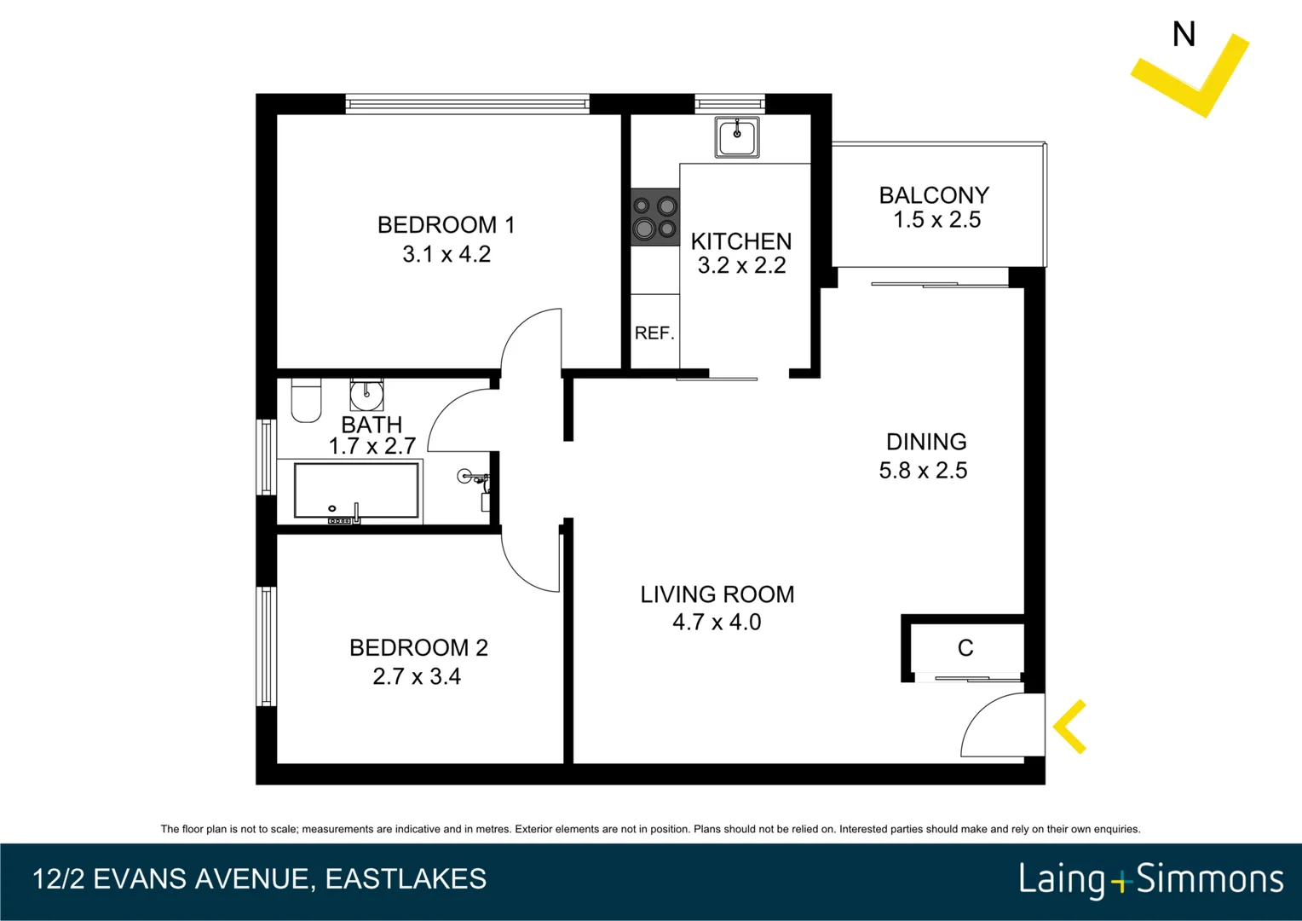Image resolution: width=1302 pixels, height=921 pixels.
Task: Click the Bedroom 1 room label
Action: pos(446,225)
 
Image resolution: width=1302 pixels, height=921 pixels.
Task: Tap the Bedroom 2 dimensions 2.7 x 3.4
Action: pos(417,676)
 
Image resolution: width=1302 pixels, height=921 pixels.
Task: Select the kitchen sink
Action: pos(737,136)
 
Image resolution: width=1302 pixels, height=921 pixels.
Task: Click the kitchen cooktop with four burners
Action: pos(654,217)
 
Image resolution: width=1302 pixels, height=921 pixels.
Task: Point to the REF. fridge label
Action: pos(654,333)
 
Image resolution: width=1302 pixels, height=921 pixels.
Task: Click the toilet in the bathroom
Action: pos(306,401)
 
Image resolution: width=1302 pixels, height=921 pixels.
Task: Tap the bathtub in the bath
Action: pos(356,491)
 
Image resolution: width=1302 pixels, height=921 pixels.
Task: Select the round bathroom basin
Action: pos(366,394)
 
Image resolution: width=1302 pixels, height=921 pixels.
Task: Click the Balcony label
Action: pos(934,195)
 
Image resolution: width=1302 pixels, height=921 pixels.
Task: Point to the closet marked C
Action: pos(965,648)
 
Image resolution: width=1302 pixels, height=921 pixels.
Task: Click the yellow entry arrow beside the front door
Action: pos(1070,727)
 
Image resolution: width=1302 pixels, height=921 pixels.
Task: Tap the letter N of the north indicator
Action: pos(1184,35)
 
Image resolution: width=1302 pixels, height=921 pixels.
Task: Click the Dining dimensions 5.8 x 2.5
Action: pos(923,471)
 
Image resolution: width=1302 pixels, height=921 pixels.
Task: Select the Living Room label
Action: pos(717,594)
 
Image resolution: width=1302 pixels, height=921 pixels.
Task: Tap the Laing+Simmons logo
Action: pos(1150,879)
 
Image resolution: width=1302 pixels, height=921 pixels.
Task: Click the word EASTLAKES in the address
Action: pos(406,879)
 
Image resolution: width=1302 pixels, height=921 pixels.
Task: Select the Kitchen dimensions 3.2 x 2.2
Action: pos(741,266)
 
